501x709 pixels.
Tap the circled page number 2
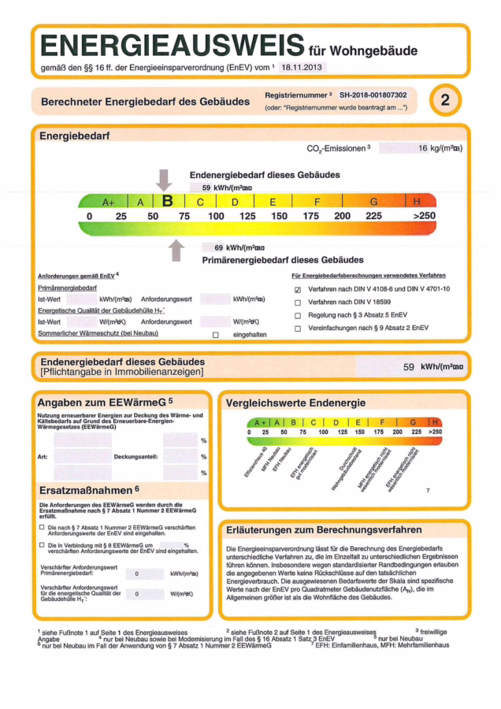(x=445, y=100)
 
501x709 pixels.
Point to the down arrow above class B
(x=164, y=180)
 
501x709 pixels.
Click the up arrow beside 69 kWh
(x=177, y=250)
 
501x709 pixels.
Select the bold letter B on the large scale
(x=167, y=202)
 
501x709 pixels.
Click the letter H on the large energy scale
(x=417, y=202)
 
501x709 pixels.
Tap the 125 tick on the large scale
(x=247, y=216)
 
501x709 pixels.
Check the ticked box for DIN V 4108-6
(x=298, y=289)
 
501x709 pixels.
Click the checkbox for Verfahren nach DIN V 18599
(x=298, y=303)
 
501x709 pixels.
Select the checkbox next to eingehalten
(x=215, y=335)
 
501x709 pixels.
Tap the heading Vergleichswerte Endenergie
(x=295, y=403)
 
